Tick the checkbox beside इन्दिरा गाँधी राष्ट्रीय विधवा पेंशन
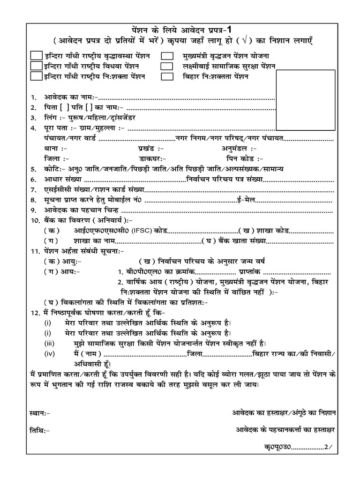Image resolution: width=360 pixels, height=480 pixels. pos(36,66)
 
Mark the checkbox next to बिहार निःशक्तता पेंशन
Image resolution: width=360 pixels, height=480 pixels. pos(167,76)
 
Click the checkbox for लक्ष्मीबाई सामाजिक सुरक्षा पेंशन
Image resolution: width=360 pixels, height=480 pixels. pos(167,66)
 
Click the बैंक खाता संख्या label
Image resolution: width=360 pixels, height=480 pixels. pos(240,241)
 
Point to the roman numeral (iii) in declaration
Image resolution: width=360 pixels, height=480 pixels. pos(50,344)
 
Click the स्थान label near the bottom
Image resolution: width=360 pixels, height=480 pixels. pos(39,413)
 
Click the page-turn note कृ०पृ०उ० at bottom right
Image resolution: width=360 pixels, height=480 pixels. pos(278,447)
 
